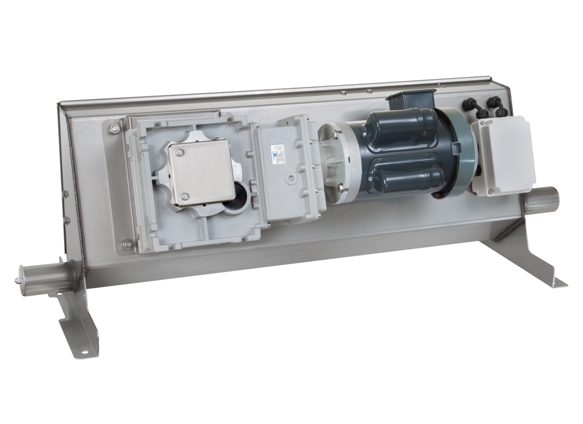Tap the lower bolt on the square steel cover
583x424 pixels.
(x=184, y=197)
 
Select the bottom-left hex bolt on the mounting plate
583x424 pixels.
(x=127, y=244)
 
